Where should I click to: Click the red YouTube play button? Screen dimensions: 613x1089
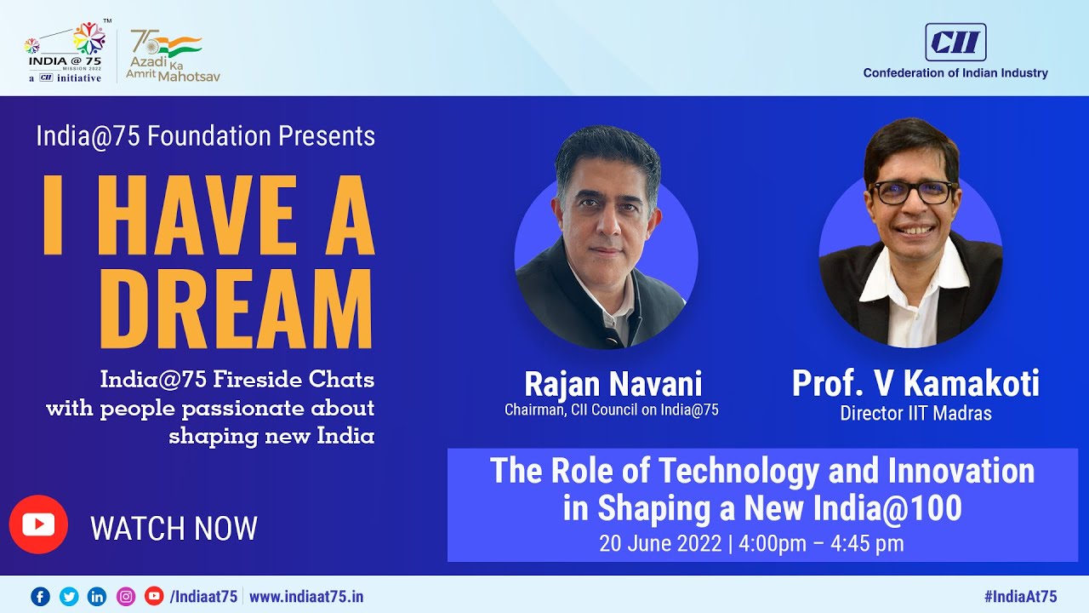38,524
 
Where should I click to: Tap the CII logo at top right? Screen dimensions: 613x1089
955,42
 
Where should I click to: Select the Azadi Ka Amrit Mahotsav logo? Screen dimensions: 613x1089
170,55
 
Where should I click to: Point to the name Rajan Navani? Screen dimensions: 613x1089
613,384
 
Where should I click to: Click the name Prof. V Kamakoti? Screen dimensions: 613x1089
915,384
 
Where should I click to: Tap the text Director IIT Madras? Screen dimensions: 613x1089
915,414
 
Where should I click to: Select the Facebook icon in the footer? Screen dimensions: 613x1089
40,596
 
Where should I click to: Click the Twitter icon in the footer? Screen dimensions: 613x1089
69,596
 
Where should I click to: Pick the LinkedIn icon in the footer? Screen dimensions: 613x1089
97,596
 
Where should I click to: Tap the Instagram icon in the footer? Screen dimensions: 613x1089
126,596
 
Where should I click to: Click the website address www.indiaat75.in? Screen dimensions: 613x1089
305,596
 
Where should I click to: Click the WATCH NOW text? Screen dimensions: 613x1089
174,529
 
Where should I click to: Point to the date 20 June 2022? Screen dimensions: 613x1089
660,543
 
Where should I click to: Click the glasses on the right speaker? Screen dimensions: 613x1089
913,192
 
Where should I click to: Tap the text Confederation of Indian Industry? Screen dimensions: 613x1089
955,73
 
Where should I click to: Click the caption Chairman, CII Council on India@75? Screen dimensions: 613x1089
611,410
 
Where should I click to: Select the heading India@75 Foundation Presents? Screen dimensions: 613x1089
205,136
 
